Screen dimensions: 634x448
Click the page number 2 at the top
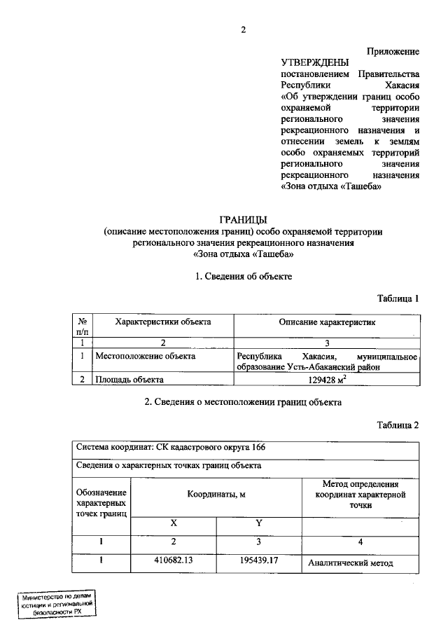[x=243, y=29]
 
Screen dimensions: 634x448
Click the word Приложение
[x=393, y=51]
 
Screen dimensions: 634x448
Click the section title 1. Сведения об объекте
[x=243, y=277]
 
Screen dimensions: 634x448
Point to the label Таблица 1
[x=398, y=298]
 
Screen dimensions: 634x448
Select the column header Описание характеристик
[x=327, y=322]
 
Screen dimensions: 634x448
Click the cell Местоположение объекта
[x=145, y=356]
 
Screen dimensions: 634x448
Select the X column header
[x=174, y=523]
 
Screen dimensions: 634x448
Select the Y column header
[x=258, y=523]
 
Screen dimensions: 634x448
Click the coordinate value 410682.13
[x=174, y=561]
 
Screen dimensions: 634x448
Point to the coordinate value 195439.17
[x=258, y=561]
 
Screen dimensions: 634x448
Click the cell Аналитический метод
[x=351, y=563]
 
